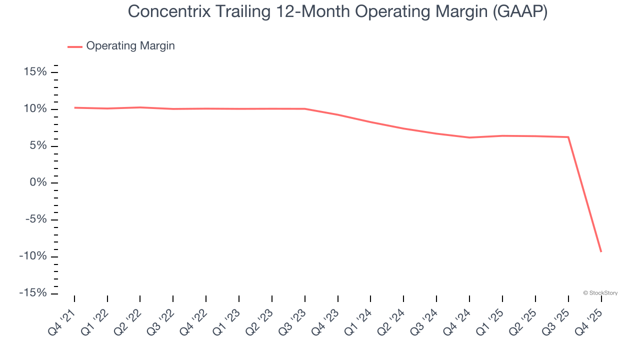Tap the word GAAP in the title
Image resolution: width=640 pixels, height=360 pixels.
pos(520,11)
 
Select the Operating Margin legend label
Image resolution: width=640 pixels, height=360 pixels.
pos(130,46)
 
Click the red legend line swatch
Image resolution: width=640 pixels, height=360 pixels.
pos(75,46)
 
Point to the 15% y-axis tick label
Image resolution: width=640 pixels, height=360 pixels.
pos(35,72)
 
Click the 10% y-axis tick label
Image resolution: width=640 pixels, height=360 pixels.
pos(35,109)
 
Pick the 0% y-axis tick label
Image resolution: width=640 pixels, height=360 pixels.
pos(38,183)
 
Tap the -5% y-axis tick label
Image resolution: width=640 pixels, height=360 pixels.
pos(35,220)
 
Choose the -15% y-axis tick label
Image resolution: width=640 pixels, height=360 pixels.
pos(33,293)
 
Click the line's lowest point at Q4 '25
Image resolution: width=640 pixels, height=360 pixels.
pos(601,251)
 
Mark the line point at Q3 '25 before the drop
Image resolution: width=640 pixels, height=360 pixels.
pos(568,137)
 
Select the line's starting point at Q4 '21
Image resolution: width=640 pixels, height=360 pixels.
pos(74,107)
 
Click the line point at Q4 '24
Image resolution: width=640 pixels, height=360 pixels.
pos(469,137)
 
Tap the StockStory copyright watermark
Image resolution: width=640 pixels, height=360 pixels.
pos(600,293)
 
